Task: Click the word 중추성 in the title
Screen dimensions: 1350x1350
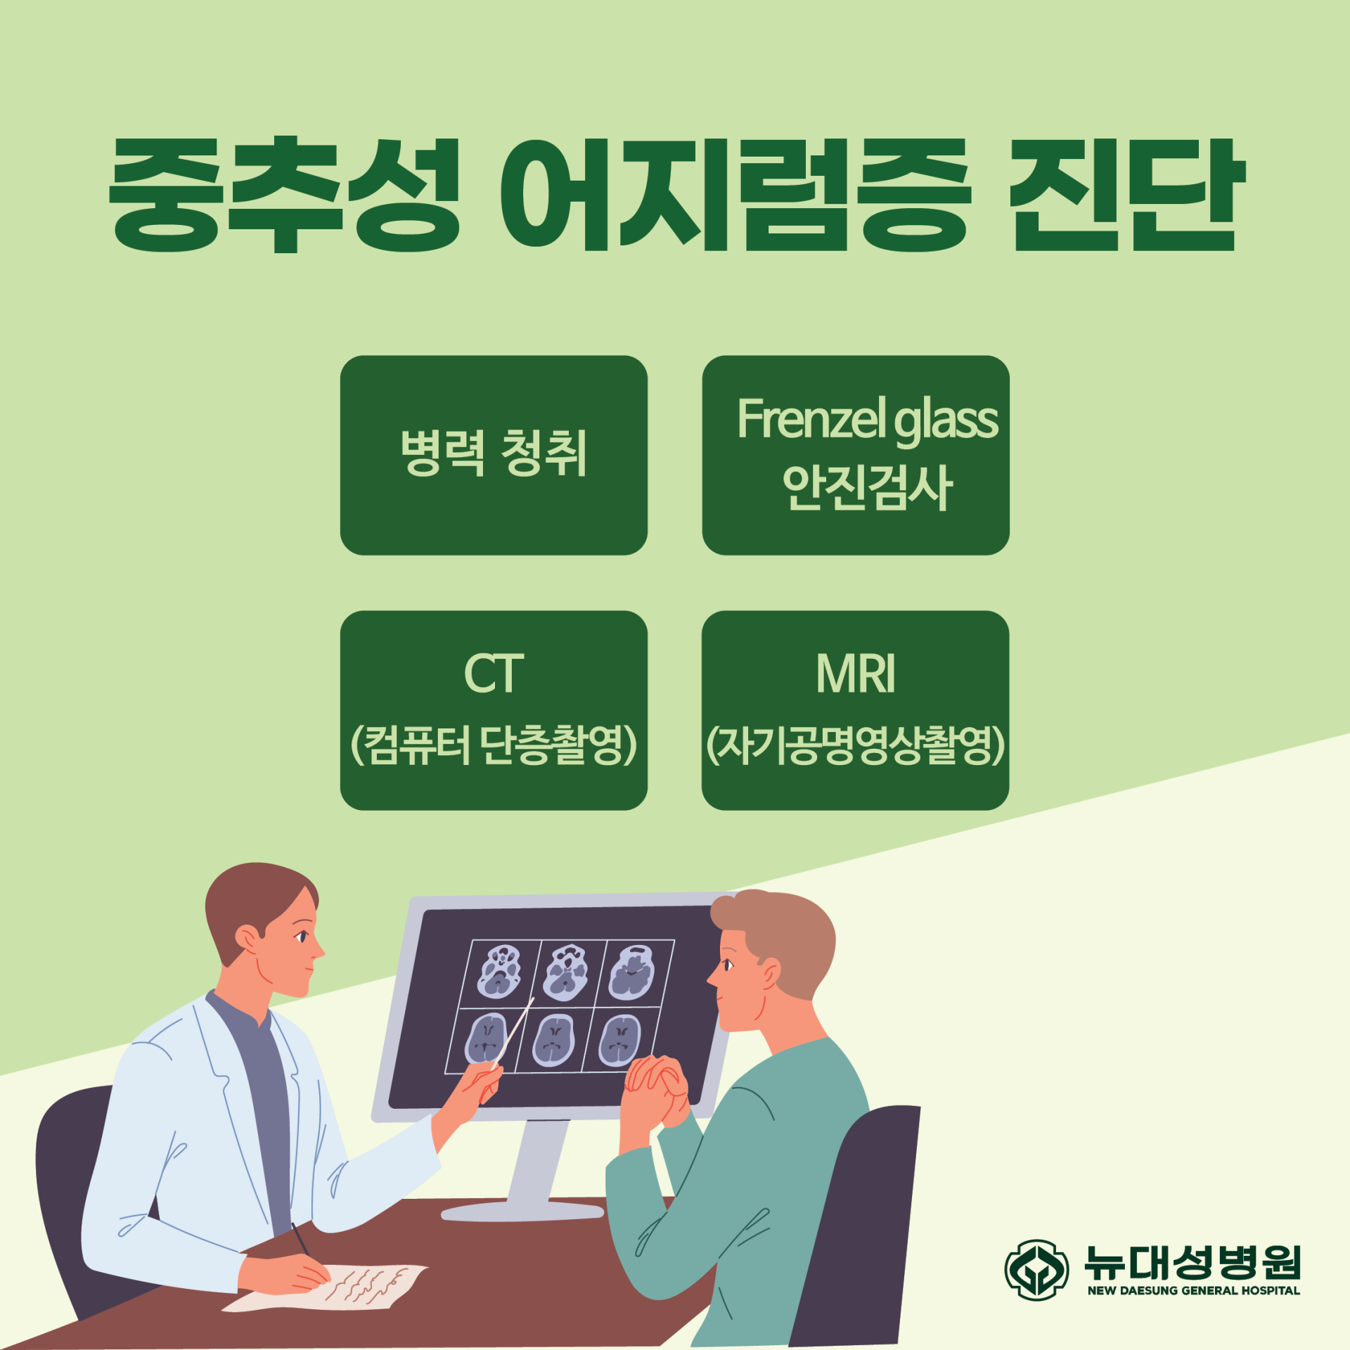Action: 285,195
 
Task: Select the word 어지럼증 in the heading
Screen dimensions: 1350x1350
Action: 735,195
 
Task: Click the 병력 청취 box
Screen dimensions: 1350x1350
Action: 494,455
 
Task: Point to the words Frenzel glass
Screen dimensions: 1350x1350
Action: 868,420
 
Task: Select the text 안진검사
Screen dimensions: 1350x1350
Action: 868,487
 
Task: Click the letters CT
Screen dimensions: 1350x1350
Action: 494,673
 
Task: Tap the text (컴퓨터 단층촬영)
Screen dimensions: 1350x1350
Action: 494,745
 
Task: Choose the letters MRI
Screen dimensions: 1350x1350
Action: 856,673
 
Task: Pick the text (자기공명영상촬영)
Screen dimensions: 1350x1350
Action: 856,745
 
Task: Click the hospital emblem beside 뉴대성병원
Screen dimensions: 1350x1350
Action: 1036,1270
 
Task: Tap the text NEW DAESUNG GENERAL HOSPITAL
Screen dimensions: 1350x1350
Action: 1194,1290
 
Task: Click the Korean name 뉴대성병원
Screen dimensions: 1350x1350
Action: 1192,1262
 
